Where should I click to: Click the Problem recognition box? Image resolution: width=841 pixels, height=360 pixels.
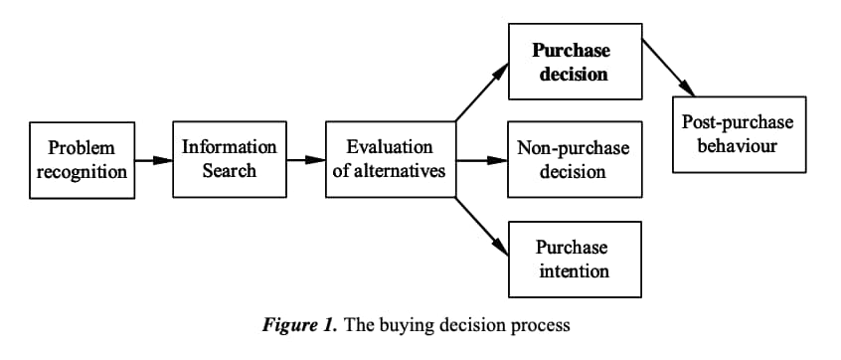(83, 160)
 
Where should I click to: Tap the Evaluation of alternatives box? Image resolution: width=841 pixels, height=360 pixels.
(390, 159)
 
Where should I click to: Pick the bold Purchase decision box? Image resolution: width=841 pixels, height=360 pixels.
(571, 62)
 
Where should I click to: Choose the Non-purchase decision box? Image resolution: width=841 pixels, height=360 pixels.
(573, 159)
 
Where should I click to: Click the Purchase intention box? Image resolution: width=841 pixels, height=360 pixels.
(573, 259)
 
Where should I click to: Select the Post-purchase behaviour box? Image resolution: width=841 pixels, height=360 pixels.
(737, 134)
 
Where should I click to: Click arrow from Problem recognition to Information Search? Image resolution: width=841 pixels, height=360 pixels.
(153, 160)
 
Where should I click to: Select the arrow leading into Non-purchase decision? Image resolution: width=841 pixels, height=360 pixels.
(481, 159)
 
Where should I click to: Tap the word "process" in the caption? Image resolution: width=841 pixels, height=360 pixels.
(544, 325)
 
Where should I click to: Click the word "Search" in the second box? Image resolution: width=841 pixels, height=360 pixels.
(230, 170)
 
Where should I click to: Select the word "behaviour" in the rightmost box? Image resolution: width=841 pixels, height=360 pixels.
(737, 146)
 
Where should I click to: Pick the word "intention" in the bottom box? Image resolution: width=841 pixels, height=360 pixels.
(573, 270)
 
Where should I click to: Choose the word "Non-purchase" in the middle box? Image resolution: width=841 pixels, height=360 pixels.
(573, 148)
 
